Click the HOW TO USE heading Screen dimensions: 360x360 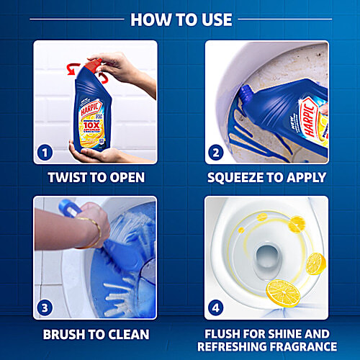pos(180,19)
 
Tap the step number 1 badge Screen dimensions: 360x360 pos(46,153)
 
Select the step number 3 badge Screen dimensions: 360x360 pos(46,308)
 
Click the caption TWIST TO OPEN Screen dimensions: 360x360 pos(95,178)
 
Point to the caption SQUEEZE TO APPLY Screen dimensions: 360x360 pos(266,178)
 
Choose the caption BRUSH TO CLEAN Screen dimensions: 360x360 pos(95,334)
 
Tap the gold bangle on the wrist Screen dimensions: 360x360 pos(91,232)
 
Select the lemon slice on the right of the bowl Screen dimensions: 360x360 pos(315,263)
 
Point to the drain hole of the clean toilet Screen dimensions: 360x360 pos(269,256)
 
